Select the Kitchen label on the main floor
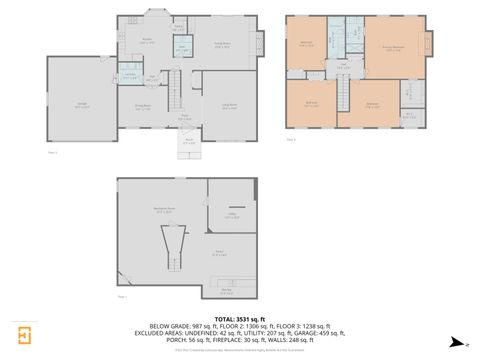[x=146, y=43]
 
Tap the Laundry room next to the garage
[x=130, y=76]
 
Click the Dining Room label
[x=143, y=106]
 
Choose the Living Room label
[x=229, y=108]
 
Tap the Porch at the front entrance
[x=189, y=142]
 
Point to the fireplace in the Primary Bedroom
[x=431, y=45]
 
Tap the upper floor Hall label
[x=343, y=67]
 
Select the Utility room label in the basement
[x=231, y=216]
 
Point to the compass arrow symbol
[x=456, y=342]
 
